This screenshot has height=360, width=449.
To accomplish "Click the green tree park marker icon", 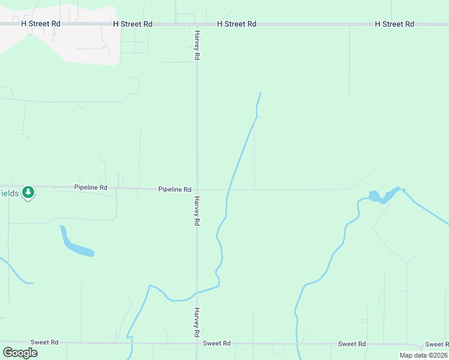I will click(x=28, y=193).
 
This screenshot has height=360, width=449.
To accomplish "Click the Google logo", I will click(x=20, y=352).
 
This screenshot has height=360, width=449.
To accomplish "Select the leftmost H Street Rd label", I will click(x=41, y=23).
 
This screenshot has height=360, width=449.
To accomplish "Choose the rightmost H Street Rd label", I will click(x=394, y=24).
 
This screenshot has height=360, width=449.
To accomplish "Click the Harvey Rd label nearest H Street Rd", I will click(x=196, y=46).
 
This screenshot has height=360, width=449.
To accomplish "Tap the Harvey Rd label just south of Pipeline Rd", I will click(x=196, y=211).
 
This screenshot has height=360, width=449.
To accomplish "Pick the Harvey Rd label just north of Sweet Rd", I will click(x=196, y=322).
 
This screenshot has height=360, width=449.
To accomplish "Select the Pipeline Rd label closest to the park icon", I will click(x=91, y=188).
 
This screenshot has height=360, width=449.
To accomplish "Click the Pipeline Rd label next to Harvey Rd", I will click(x=175, y=189).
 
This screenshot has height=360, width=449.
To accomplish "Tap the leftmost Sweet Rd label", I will click(x=46, y=342).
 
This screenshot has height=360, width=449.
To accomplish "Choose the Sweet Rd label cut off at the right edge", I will click(x=436, y=344).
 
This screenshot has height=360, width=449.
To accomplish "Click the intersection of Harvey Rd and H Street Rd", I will click(x=197, y=25).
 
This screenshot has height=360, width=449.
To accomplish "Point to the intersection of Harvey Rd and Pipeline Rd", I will click(x=197, y=189).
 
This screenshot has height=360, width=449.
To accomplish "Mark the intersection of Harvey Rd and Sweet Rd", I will click(x=197, y=343).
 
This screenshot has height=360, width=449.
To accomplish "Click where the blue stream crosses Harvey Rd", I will click(x=197, y=293).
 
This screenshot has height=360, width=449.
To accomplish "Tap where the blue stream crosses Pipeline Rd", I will click(x=228, y=190).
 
